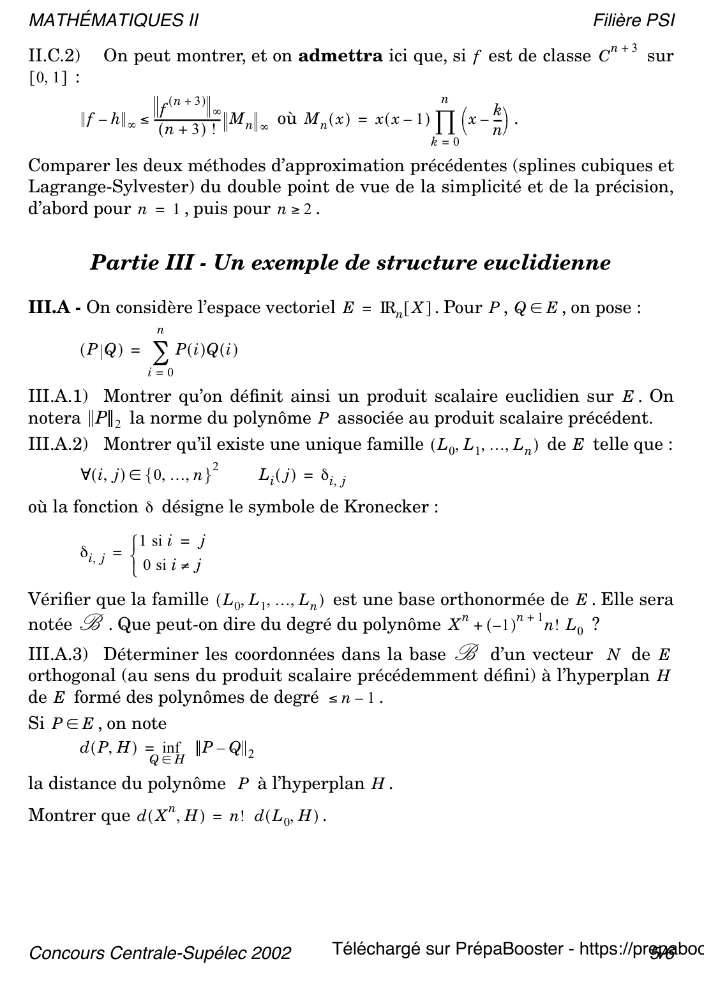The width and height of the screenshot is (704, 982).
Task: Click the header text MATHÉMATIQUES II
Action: tap(114, 20)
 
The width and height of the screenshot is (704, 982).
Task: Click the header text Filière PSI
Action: tap(633, 20)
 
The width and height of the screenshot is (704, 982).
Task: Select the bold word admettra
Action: tap(340, 56)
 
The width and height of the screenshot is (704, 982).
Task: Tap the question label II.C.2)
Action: tap(54, 56)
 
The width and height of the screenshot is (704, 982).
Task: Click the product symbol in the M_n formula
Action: tap(444, 119)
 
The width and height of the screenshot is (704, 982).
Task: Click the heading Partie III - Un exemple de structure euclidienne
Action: tap(350, 263)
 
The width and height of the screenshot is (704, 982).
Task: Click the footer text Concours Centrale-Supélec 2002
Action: tap(160, 953)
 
